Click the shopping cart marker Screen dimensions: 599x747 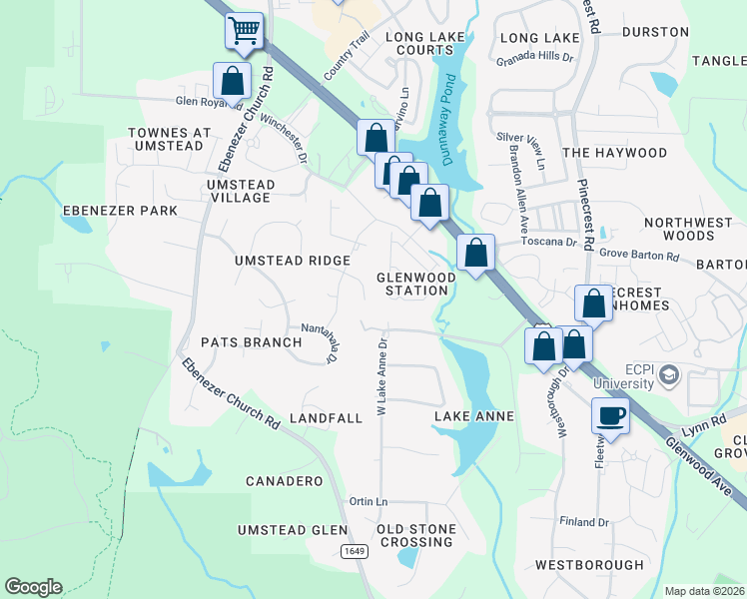[245, 31]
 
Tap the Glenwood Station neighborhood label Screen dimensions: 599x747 [411, 284]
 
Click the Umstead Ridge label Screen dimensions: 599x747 [292, 261]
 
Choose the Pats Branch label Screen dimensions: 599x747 [251, 342]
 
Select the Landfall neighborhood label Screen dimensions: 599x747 [326, 418]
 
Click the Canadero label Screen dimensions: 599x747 [284, 481]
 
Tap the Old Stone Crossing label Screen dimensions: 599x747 [416, 535]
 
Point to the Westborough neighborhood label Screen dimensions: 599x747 [589, 565]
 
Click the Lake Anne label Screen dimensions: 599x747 [474, 416]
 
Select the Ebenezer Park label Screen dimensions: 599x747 [120, 211]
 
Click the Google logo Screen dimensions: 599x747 [33, 587]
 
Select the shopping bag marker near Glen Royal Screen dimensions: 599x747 [232, 81]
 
